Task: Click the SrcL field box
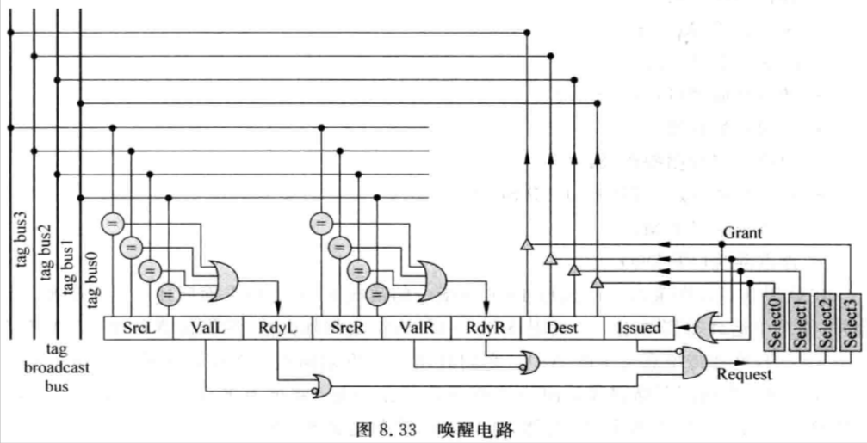click(x=139, y=328)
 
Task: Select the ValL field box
click(x=208, y=328)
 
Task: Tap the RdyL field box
click(x=277, y=328)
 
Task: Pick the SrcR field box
click(x=347, y=328)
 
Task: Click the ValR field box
click(x=417, y=328)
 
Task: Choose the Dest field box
click(x=561, y=328)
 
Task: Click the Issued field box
click(x=639, y=328)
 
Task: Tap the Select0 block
click(x=774, y=322)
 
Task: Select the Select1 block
click(x=800, y=322)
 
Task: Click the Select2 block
click(x=826, y=322)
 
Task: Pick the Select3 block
click(x=851, y=322)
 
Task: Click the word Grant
click(x=742, y=233)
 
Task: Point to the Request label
click(x=743, y=375)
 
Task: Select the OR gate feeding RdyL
click(x=223, y=281)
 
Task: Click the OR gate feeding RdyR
click(x=431, y=281)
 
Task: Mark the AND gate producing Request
click(x=694, y=362)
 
